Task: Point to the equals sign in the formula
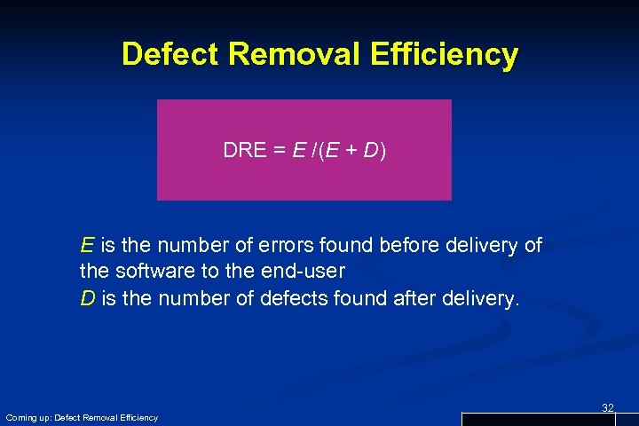pyautogui.click(x=278, y=151)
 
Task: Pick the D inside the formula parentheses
pyautogui.click(x=370, y=151)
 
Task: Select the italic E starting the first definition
pyautogui.click(x=87, y=245)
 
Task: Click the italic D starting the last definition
pyautogui.click(x=88, y=298)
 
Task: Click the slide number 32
pyautogui.click(x=608, y=407)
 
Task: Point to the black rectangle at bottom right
pyautogui.click(x=550, y=419)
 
